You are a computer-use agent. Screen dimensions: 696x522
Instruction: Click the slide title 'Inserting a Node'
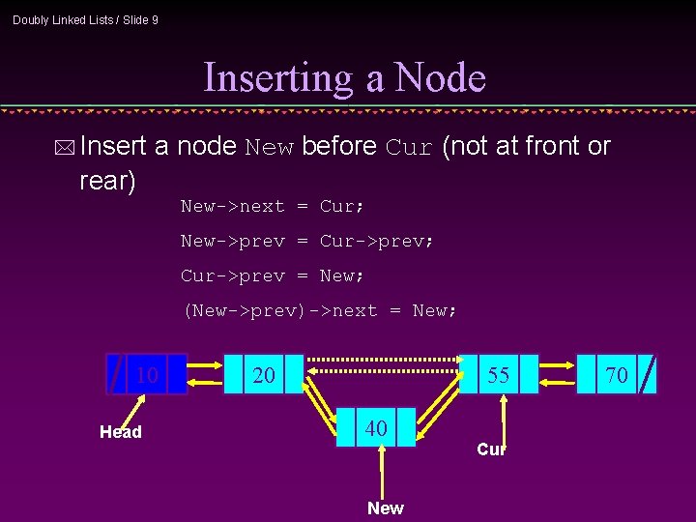tap(345, 77)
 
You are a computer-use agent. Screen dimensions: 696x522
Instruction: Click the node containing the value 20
tap(263, 375)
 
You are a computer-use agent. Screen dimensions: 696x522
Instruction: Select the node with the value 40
tap(376, 427)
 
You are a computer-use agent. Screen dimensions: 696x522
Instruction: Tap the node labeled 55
tap(498, 375)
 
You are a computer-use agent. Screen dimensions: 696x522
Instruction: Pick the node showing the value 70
tap(616, 375)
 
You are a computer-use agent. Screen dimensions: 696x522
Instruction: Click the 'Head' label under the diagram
tap(121, 432)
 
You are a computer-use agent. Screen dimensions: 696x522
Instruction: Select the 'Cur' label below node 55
tap(491, 449)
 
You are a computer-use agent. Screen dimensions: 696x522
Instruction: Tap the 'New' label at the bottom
tap(386, 508)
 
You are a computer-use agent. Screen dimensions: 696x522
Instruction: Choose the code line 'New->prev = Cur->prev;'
tap(307, 241)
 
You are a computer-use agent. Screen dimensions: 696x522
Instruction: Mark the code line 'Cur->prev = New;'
tap(268, 275)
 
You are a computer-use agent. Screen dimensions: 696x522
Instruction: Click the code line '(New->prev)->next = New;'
tap(320, 310)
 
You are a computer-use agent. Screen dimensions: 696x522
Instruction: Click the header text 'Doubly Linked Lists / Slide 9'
tap(85, 19)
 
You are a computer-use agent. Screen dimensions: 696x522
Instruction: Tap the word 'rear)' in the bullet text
tap(107, 181)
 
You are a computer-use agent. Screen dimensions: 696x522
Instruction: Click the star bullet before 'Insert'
tap(65, 148)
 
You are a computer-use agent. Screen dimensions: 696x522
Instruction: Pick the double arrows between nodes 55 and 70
tap(558, 375)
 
